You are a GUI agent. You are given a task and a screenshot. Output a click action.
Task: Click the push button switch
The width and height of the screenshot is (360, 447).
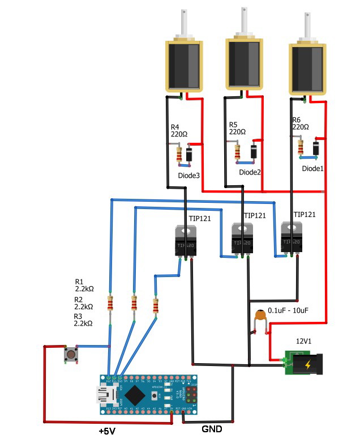[x=71, y=354]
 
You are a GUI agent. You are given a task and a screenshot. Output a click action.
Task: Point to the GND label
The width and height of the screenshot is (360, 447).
[x=212, y=429]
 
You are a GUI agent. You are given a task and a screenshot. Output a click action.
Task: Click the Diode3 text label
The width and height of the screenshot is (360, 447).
[x=188, y=176]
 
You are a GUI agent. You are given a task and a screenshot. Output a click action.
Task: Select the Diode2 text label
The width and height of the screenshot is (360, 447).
[x=250, y=172]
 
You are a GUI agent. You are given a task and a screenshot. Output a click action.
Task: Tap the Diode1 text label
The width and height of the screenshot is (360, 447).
[x=312, y=168]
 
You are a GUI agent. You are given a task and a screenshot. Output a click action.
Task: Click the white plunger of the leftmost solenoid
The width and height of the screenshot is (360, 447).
[x=185, y=23]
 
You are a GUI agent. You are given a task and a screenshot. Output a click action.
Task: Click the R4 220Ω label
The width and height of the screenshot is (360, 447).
[x=179, y=131]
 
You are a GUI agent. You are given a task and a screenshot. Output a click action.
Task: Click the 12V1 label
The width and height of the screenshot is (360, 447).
[x=305, y=342]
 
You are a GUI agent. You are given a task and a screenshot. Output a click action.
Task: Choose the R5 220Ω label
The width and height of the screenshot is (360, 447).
[x=237, y=128]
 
